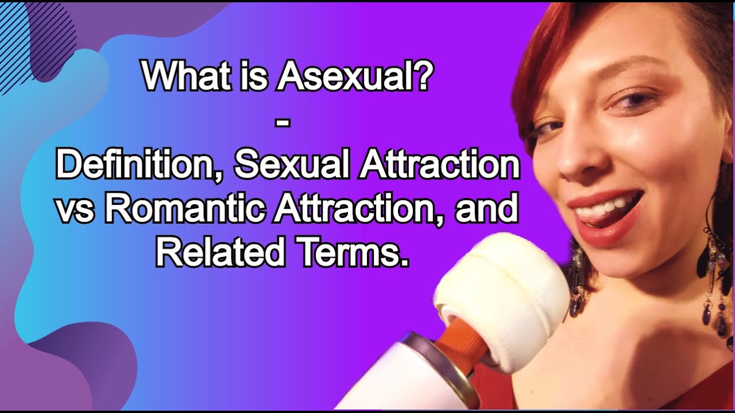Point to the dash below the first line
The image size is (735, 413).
click(288, 122)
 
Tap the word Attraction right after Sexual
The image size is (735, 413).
click(439, 166)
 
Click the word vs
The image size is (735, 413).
click(78, 209)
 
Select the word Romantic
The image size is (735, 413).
click(185, 209)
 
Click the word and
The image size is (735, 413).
click(487, 209)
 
